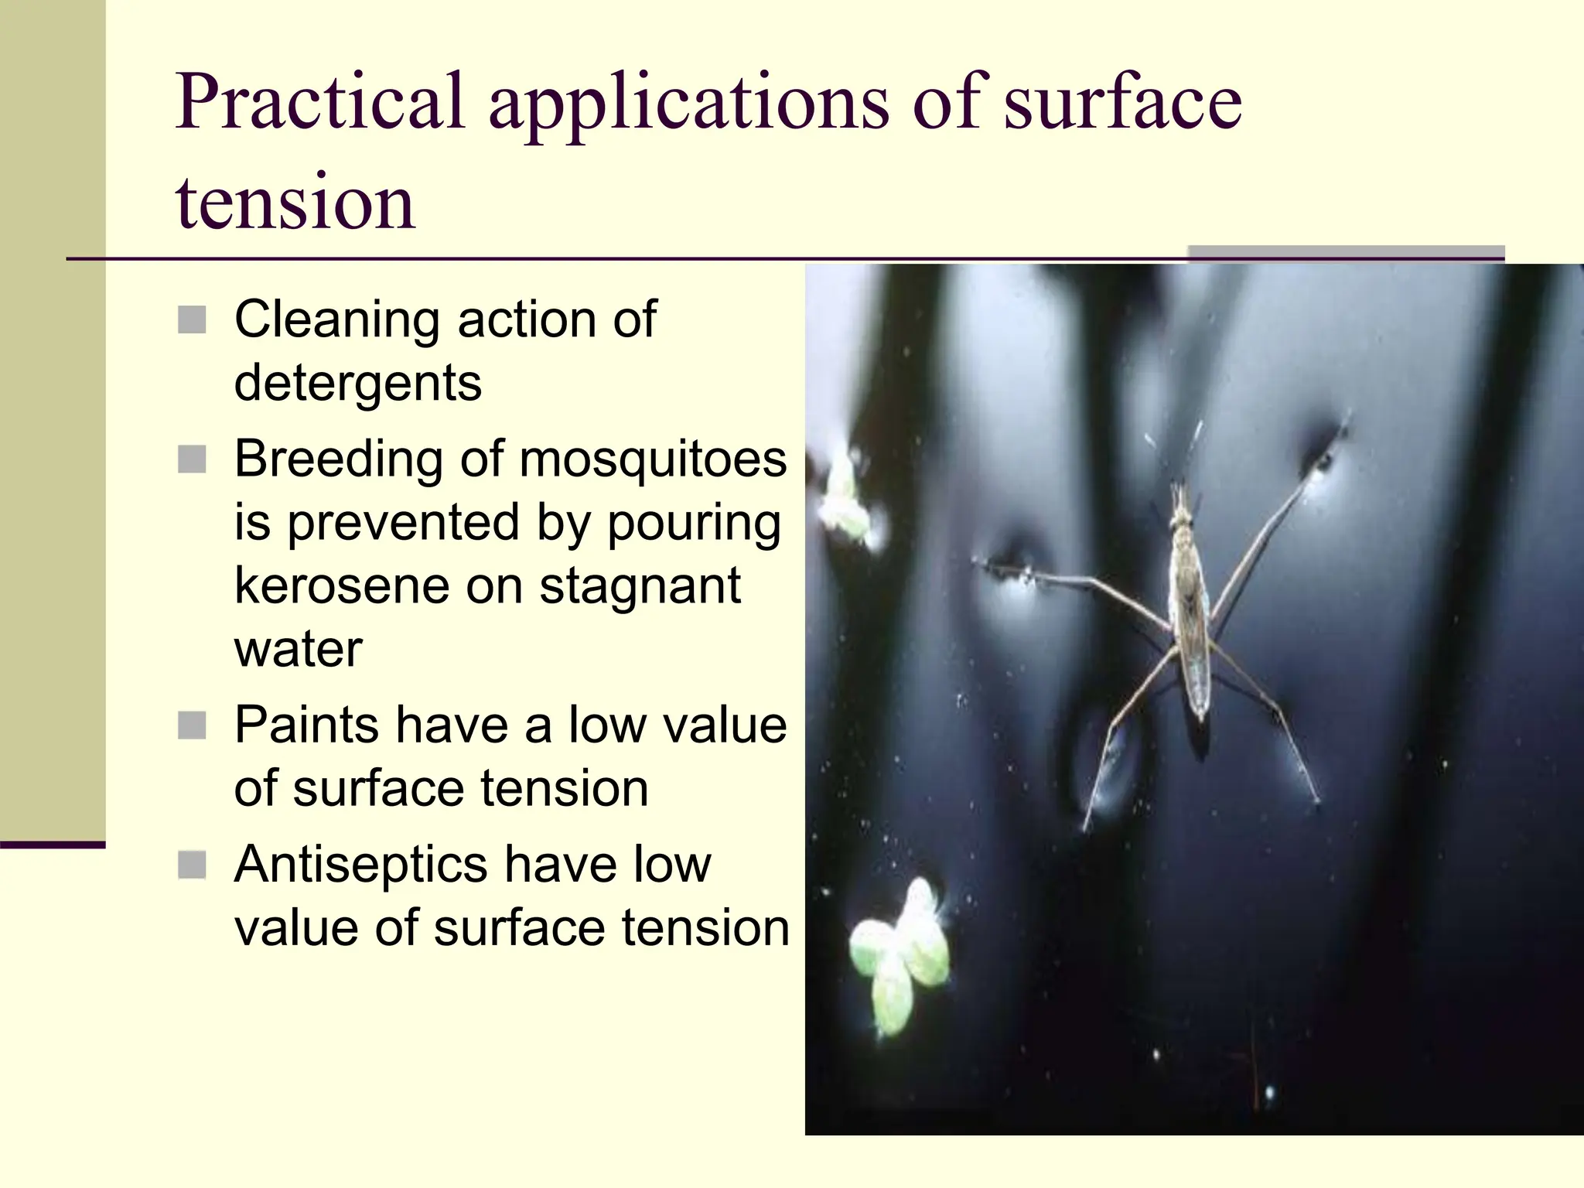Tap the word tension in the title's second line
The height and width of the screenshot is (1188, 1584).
pyautogui.click(x=295, y=203)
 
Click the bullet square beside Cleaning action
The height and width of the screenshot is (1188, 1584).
pyautogui.click(x=192, y=319)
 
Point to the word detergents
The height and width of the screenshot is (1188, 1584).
pyautogui.click(x=357, y=384)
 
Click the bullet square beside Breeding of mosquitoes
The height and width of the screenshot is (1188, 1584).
pyautogui.click(x=192, y=459)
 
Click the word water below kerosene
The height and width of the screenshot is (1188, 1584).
pyautogui.click(x=298, y=650)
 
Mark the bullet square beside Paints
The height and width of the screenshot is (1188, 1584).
pyautogui.click(x=192, y=725)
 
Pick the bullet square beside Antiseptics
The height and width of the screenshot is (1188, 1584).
pyautogui.click(x=192, y=865)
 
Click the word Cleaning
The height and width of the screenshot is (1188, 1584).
pyautogui.click(x=336, y=319)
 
